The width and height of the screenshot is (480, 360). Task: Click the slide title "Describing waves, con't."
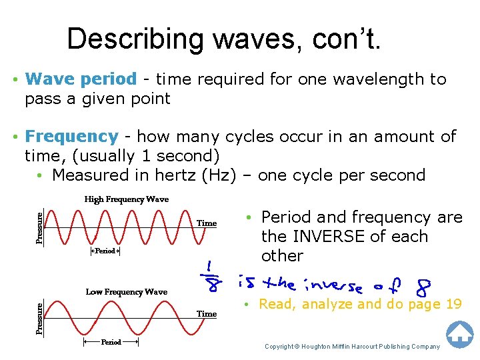pyautogui.click(x=225, y=39)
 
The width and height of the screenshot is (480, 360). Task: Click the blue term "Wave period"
pyautogui.click(x=80, y=79)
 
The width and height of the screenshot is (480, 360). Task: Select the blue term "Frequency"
pyautogui.click(x=71, y=137)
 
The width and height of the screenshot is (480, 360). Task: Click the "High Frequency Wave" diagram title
pyautogui.click(x=126, y=199)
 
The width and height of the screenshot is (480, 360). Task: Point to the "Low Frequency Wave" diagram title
pyautogui.click(x=126, y=292)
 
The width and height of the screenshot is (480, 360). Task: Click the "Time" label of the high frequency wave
pyautogui.click(x=207, y=223)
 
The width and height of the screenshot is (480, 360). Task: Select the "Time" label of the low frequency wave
pyautogui.click(x=207, y=313)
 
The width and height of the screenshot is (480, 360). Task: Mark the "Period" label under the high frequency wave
pyautogui.click(x=105, y=251)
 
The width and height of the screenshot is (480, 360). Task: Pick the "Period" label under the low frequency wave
pyautogui.click(x=111, y=342)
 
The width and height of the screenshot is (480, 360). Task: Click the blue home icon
pyautogui.click(x=459, y=334)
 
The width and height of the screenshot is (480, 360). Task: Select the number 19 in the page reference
pyautogui.click(x=453, y=305)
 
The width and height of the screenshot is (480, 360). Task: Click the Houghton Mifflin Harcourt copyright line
pyautogui.click(x=352, y=347)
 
